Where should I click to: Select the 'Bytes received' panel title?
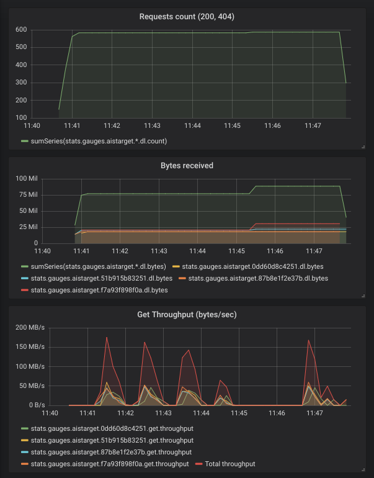click(x=187, y=166)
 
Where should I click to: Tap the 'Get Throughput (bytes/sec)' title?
click(x=187, y=315)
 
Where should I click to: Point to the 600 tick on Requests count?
click(x=20, y=29)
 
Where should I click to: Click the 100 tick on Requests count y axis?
click(x=20, y=117)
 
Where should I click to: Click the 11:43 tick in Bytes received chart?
click(x=159, y=251)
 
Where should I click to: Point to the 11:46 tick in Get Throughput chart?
click(x=276, y=413)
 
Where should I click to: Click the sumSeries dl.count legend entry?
click(x=99, y=141)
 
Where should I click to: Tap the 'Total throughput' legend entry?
click(x=229, y=463)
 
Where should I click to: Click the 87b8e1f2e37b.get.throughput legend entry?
click(x=111, y=452)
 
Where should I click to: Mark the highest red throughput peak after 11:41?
click(x=107, y=338)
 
